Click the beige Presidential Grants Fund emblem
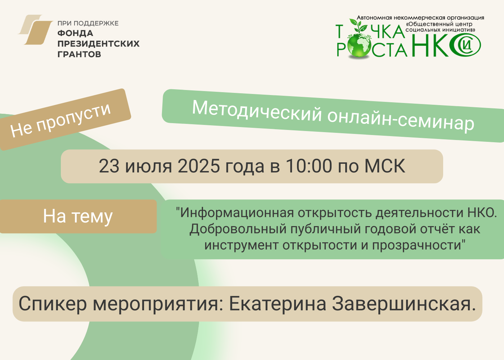pos(35,30)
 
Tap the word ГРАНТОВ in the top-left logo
pos(80,54)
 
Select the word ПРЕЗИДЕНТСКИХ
pos(99,44)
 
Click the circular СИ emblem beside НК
pos(465,45)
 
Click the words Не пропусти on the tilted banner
pos(60,121)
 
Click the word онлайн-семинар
pos(401,122)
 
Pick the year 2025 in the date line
pos(199,166)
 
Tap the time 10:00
pos(309,166)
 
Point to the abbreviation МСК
pos(385,166)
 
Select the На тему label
pos(78,216)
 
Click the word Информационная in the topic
pos(237,213)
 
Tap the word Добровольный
pos(238,229)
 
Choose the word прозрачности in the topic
pos(417,245)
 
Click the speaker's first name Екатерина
pos(278,304)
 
